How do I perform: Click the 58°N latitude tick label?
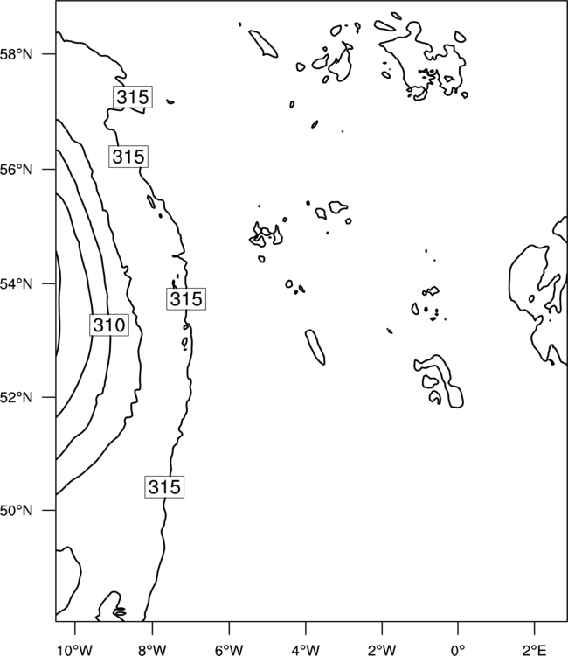pyautogui.click(x=16, y=54)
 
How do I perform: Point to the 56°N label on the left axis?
pyautogui.click(x=16, y=170)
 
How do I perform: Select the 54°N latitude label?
pyautogui.click(x=16, y=284)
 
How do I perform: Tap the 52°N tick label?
pyautogui.click(x=16, y=397)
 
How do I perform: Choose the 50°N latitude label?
pyautogui.click(x=16, y=511)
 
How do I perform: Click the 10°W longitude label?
pyautogui.click(x=75, y=650)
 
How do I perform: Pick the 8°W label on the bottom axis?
pyautogui.click(x=152, y=650)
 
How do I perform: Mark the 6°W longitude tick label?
pyautogui.click(x=229, y=650)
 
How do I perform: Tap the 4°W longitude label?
pyautogui.click(x=306, y=650)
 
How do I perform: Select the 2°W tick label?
pyautogui.click(x=382, y=650)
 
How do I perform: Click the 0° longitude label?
pyautogui.click(x=458, y=650)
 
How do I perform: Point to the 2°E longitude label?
pyautogui.click(x=535, y=650)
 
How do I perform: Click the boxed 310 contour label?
pyautogui.click(x=109, y=325)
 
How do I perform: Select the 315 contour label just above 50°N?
pyautogui.click(x=164, y=487)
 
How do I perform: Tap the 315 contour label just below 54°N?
pyautogui.click(x=186, y=299)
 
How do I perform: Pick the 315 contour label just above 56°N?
pyautogui.click(x=128, y=157)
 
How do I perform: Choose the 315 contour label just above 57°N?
pyautogui.click(x=133, y=97)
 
